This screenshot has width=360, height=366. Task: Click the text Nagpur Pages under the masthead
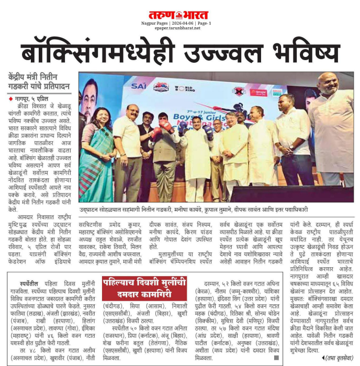pyautogui.click(x=153, y=23)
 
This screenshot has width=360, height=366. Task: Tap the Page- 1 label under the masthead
pyautogui.click(x=204, y=23)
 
